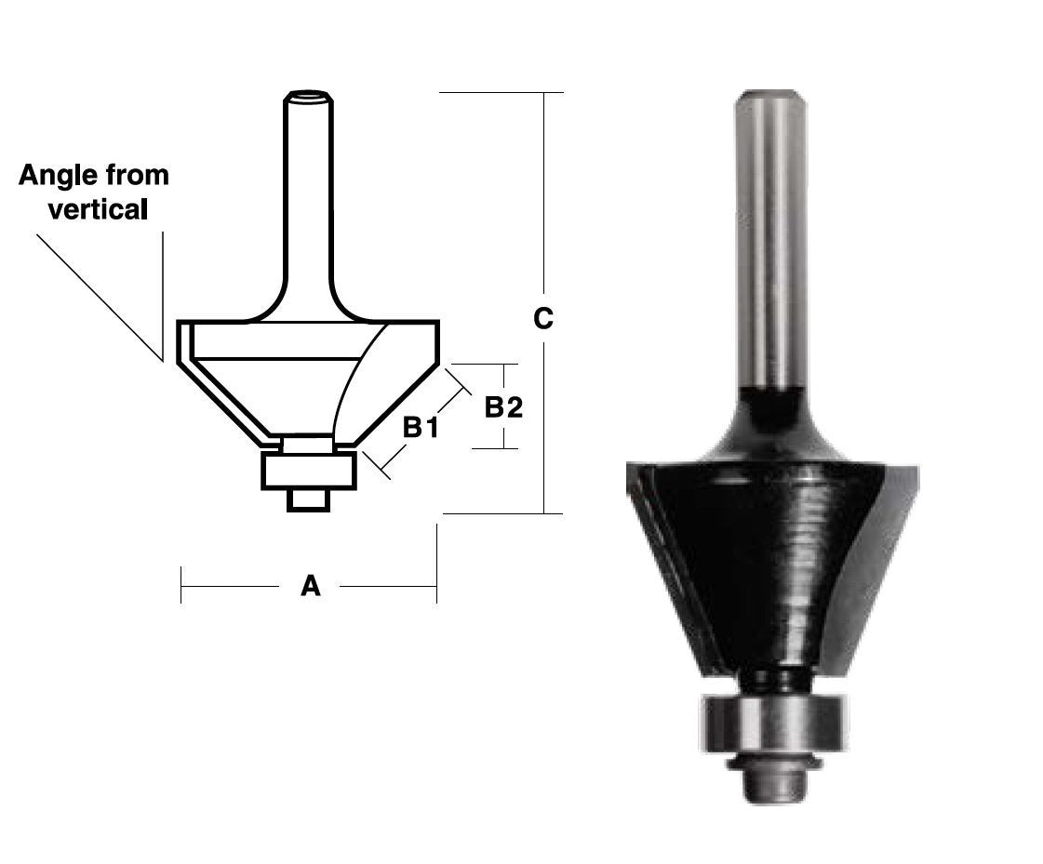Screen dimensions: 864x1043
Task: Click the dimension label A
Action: tap(310, 586)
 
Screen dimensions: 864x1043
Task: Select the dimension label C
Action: tap(543, 319)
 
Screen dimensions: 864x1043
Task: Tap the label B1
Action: tap(420, 428)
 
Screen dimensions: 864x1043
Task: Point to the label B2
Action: tap(503, 406)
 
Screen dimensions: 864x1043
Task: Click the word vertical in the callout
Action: tap(98, 209)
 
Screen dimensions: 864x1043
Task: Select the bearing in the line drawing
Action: tap(308, 471)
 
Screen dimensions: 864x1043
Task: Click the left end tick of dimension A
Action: tap(181, 586)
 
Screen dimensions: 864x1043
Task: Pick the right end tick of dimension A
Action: tap(436, 586)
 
